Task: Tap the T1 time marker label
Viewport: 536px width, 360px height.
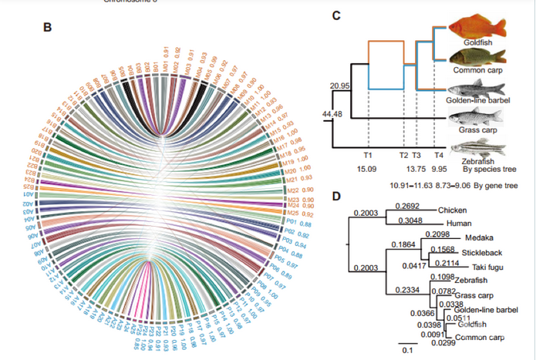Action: (x=368, y=155)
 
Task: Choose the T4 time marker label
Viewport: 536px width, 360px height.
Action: (x=439, y=155)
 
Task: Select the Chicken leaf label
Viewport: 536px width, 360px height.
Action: (x=453, y=210)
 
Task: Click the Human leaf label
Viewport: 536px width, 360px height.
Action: (x=451, y=223)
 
